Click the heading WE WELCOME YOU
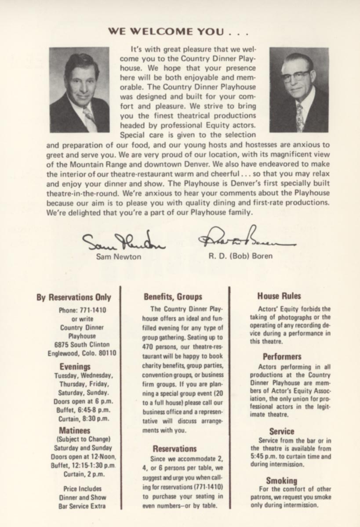coord(178,32)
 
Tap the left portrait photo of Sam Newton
coord(79,90)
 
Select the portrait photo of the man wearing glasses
coord(299,90)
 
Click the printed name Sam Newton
coord(119,256)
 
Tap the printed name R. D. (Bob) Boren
coord(240,256)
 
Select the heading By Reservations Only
coord(74,297)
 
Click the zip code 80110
coord(106,353)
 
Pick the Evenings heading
coord(75,366)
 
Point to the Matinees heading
coord(75,430)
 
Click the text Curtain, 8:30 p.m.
coord(83,419)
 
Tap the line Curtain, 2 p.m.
coord(83,474)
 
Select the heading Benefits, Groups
coord(173,297)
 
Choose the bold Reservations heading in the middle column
coord(175,449)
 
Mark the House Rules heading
coord(279,296)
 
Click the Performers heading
coord(282,357)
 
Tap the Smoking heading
coord(281,480)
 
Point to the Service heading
coord(282,431)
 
